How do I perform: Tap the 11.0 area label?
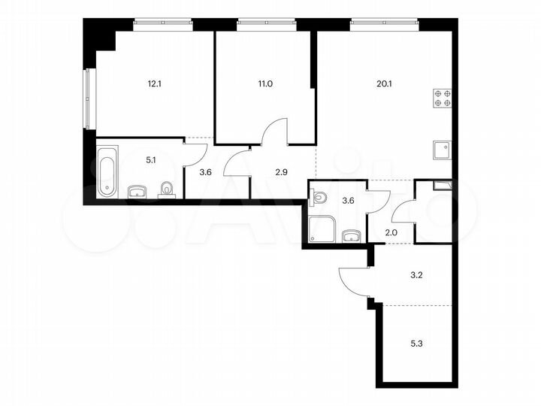265,83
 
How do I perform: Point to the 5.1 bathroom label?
152,159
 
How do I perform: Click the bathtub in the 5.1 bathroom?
107,172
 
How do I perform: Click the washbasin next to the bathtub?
137,192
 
